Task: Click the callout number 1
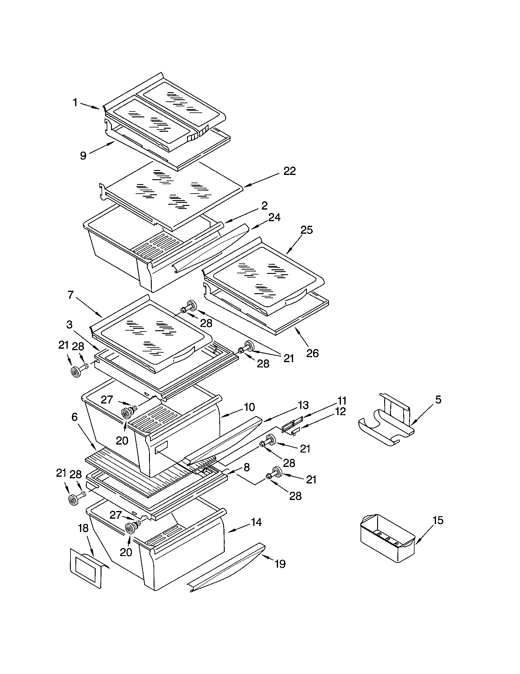click(75, 102)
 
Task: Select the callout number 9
click(83, 156)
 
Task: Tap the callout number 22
click(289, 171)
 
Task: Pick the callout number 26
click(312, 353)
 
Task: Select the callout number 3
click(70, 324)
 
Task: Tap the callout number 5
click(438, 399)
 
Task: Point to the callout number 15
click(438, 520)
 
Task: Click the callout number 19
click(280, 564)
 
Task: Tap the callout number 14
click(256, 522)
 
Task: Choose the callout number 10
click(249, 407)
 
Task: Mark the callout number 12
click(340, 411)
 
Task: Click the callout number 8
click(247, 467)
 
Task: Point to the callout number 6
click(75, 417)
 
